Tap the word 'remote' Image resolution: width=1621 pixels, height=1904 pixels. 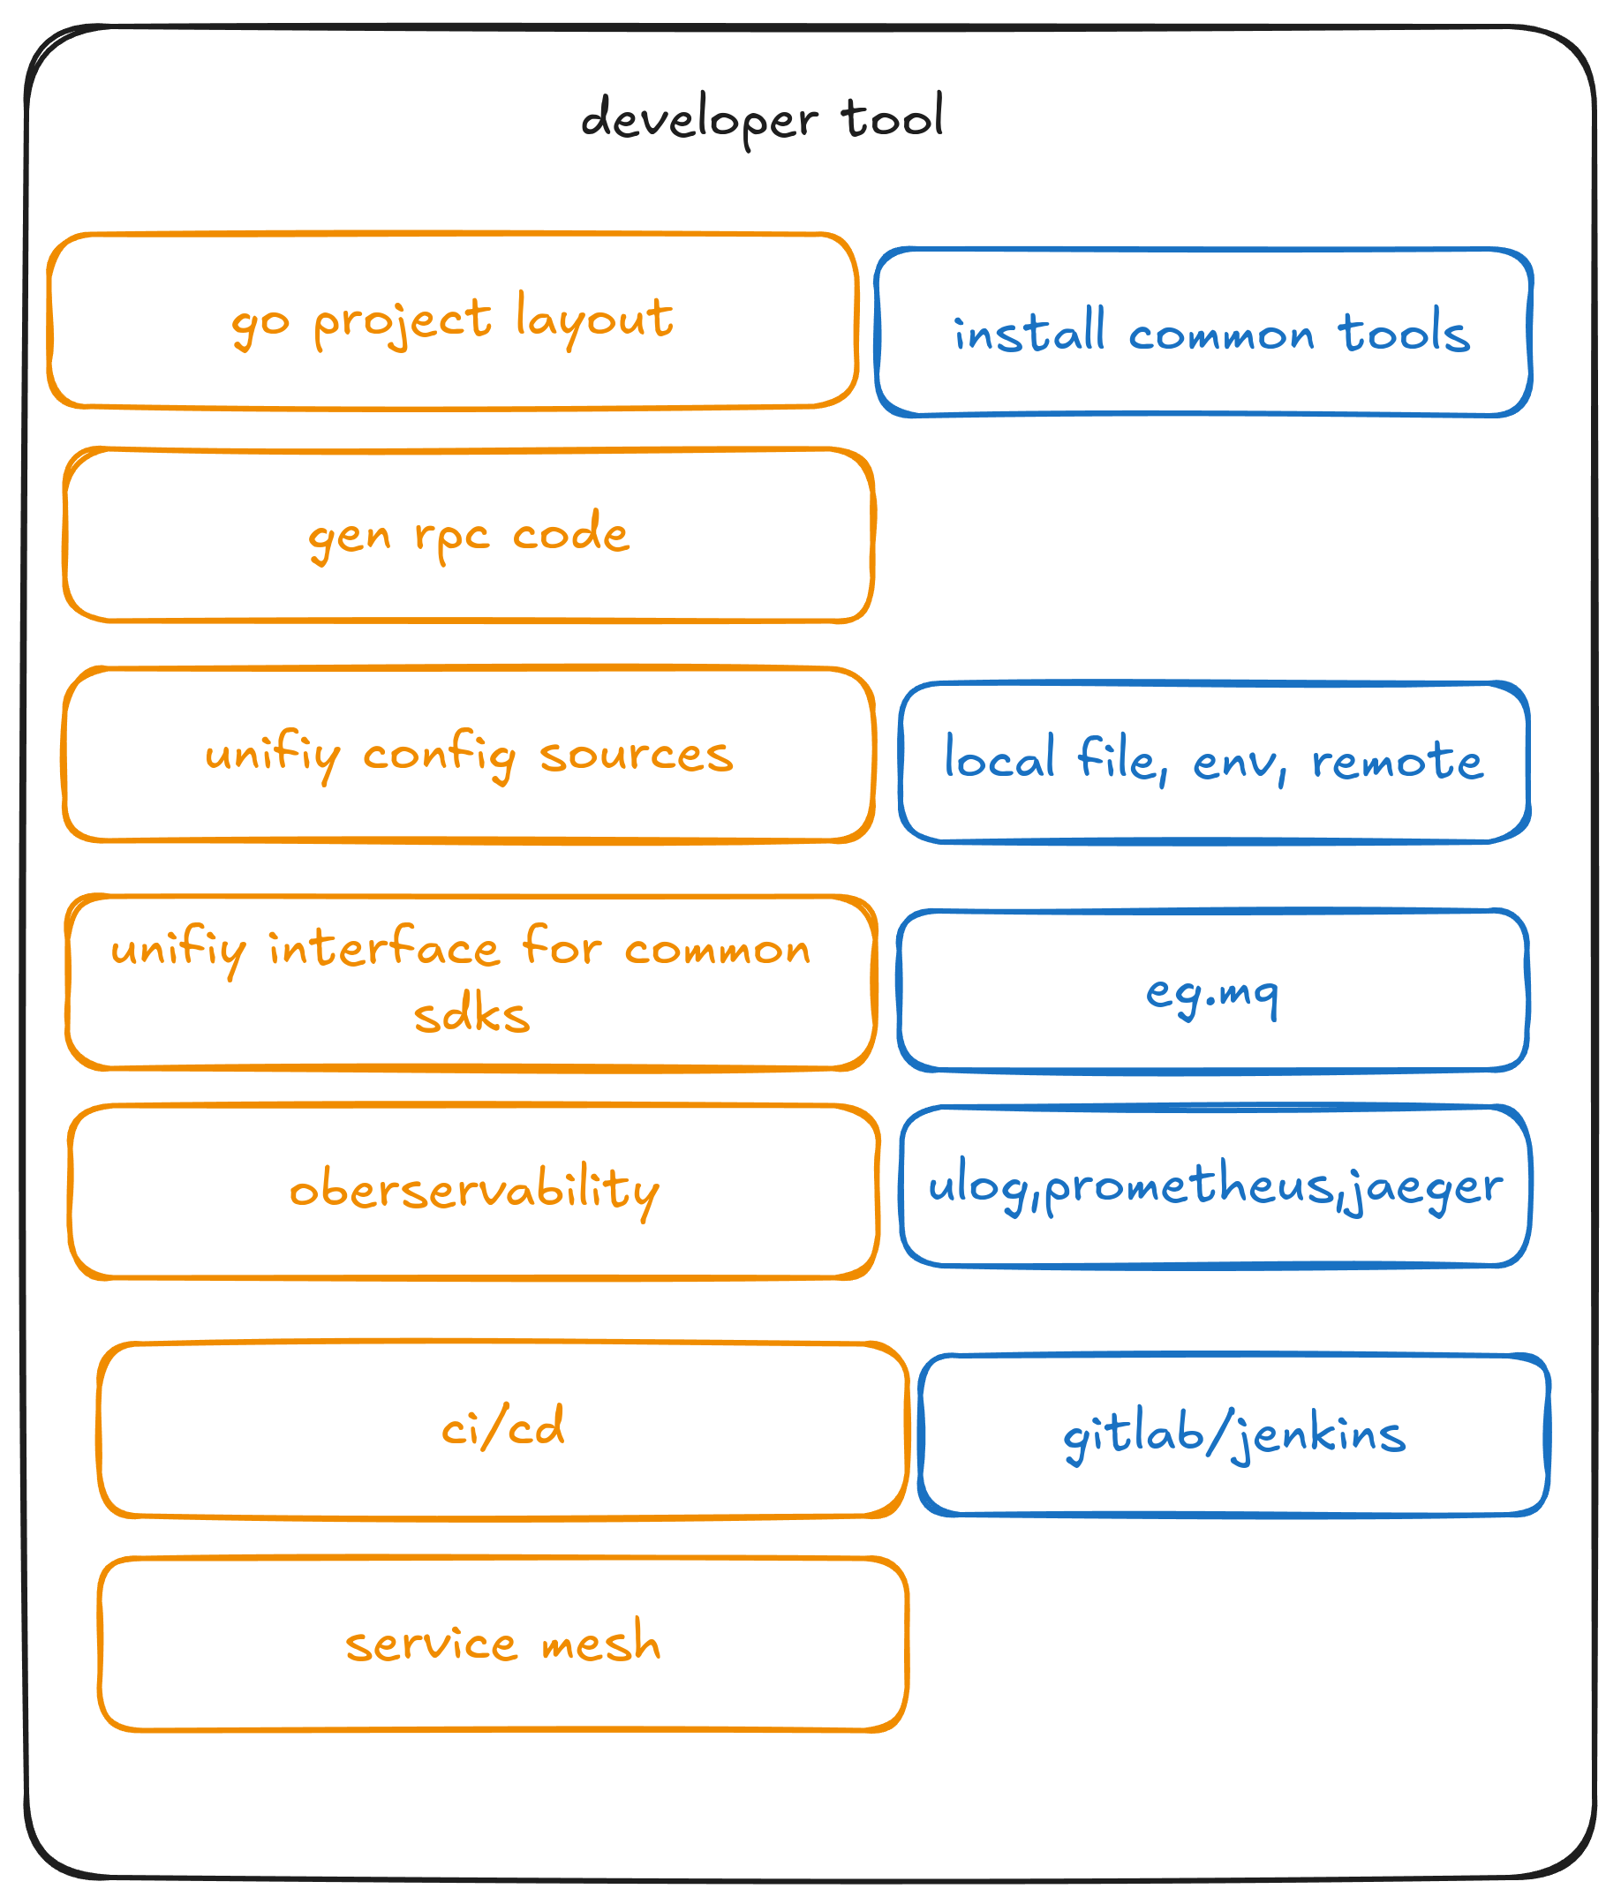click(x=1397, y=761)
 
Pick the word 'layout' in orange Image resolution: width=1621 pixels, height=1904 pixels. click(x=594, y=318)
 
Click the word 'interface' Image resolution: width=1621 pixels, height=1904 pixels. click(x=384, y=948)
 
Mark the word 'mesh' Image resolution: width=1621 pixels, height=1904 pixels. click(x=601, y=1643)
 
